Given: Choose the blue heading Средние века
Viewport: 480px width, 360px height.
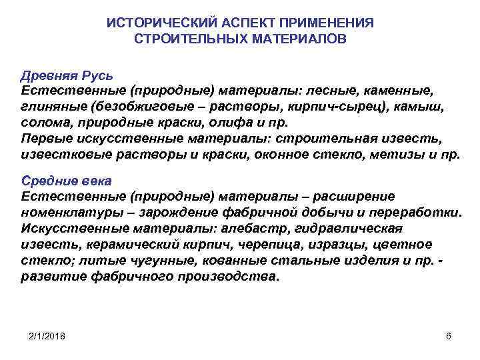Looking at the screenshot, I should tap(67, 181).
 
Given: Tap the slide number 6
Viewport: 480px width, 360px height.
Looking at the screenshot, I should tap(449, 336).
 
